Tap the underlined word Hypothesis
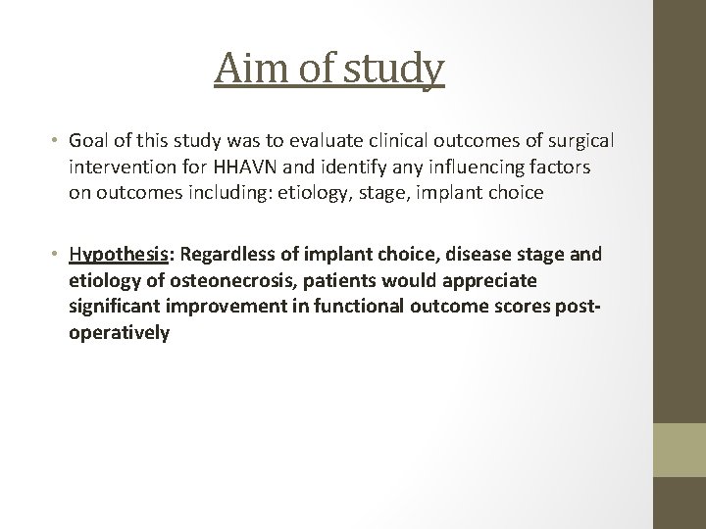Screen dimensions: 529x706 click(116, 255)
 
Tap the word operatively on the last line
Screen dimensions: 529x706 click(119, 333)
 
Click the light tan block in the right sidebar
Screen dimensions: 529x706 click(679, 450)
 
